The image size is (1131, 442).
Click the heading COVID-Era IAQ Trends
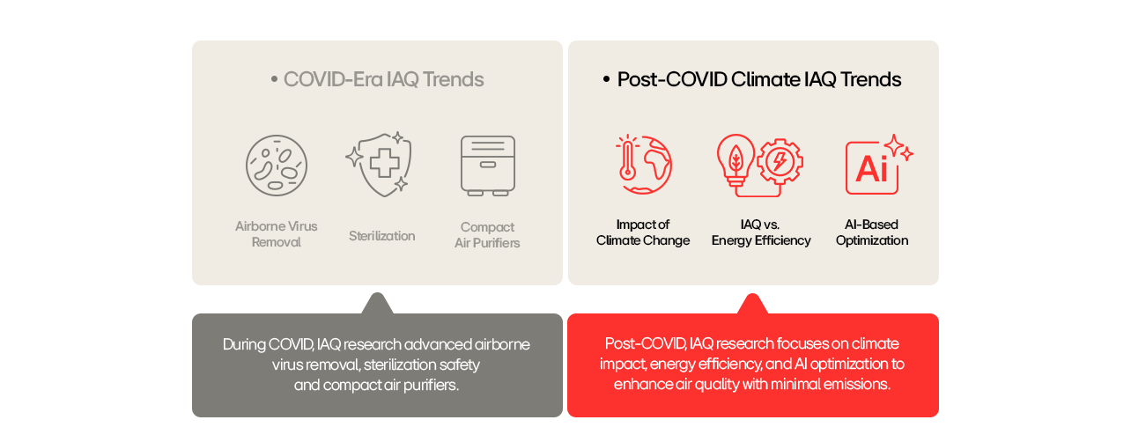(x=384, y=80)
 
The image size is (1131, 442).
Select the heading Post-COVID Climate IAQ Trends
(x=759, y=80)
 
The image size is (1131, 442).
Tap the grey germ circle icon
(x=277, y=166)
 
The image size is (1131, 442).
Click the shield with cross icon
(x=380, y=165)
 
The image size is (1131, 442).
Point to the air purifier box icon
(x=488, y=166)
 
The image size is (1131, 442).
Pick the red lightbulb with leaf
(x=736, y=160)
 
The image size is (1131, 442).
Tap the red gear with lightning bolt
(x=780, y=161)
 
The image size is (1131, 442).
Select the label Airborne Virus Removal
(x=277, y=234)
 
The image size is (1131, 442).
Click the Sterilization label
(x=381, y=236)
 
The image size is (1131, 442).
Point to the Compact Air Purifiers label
(x=487, y=235)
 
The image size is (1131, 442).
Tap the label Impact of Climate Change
(x=643, y=232)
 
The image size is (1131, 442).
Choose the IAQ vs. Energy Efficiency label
(x=761, y=232)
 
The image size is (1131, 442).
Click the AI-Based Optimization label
(x=872, y=232)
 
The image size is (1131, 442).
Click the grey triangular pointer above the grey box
(x=377, y=305)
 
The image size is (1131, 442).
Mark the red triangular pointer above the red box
(x=752, y=305)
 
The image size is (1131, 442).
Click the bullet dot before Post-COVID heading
(x=606, y=79)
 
